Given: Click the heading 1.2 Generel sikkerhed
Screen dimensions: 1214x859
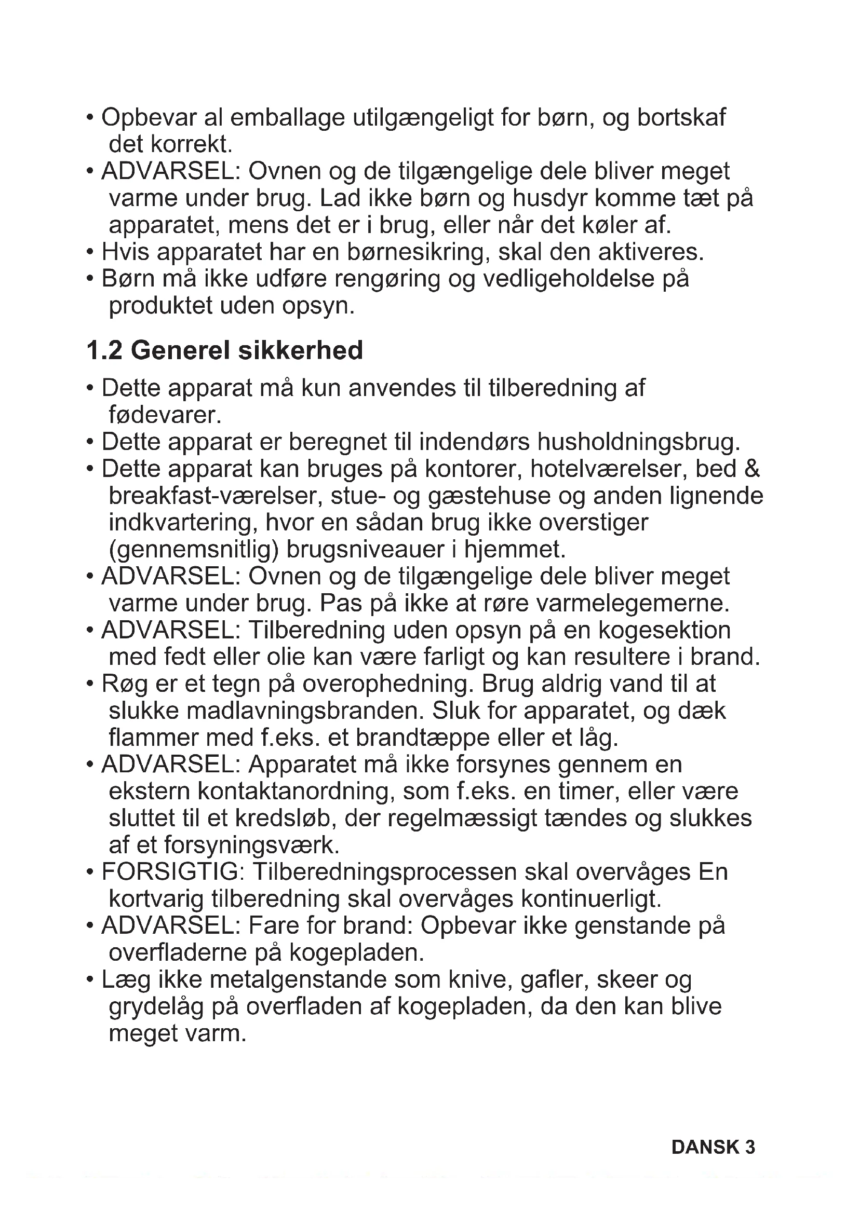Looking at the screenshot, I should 224,350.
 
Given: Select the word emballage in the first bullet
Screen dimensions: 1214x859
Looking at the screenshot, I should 287,117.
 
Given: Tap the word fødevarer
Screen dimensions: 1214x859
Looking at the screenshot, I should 165,415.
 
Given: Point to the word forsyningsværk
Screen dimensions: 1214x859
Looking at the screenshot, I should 251,845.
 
